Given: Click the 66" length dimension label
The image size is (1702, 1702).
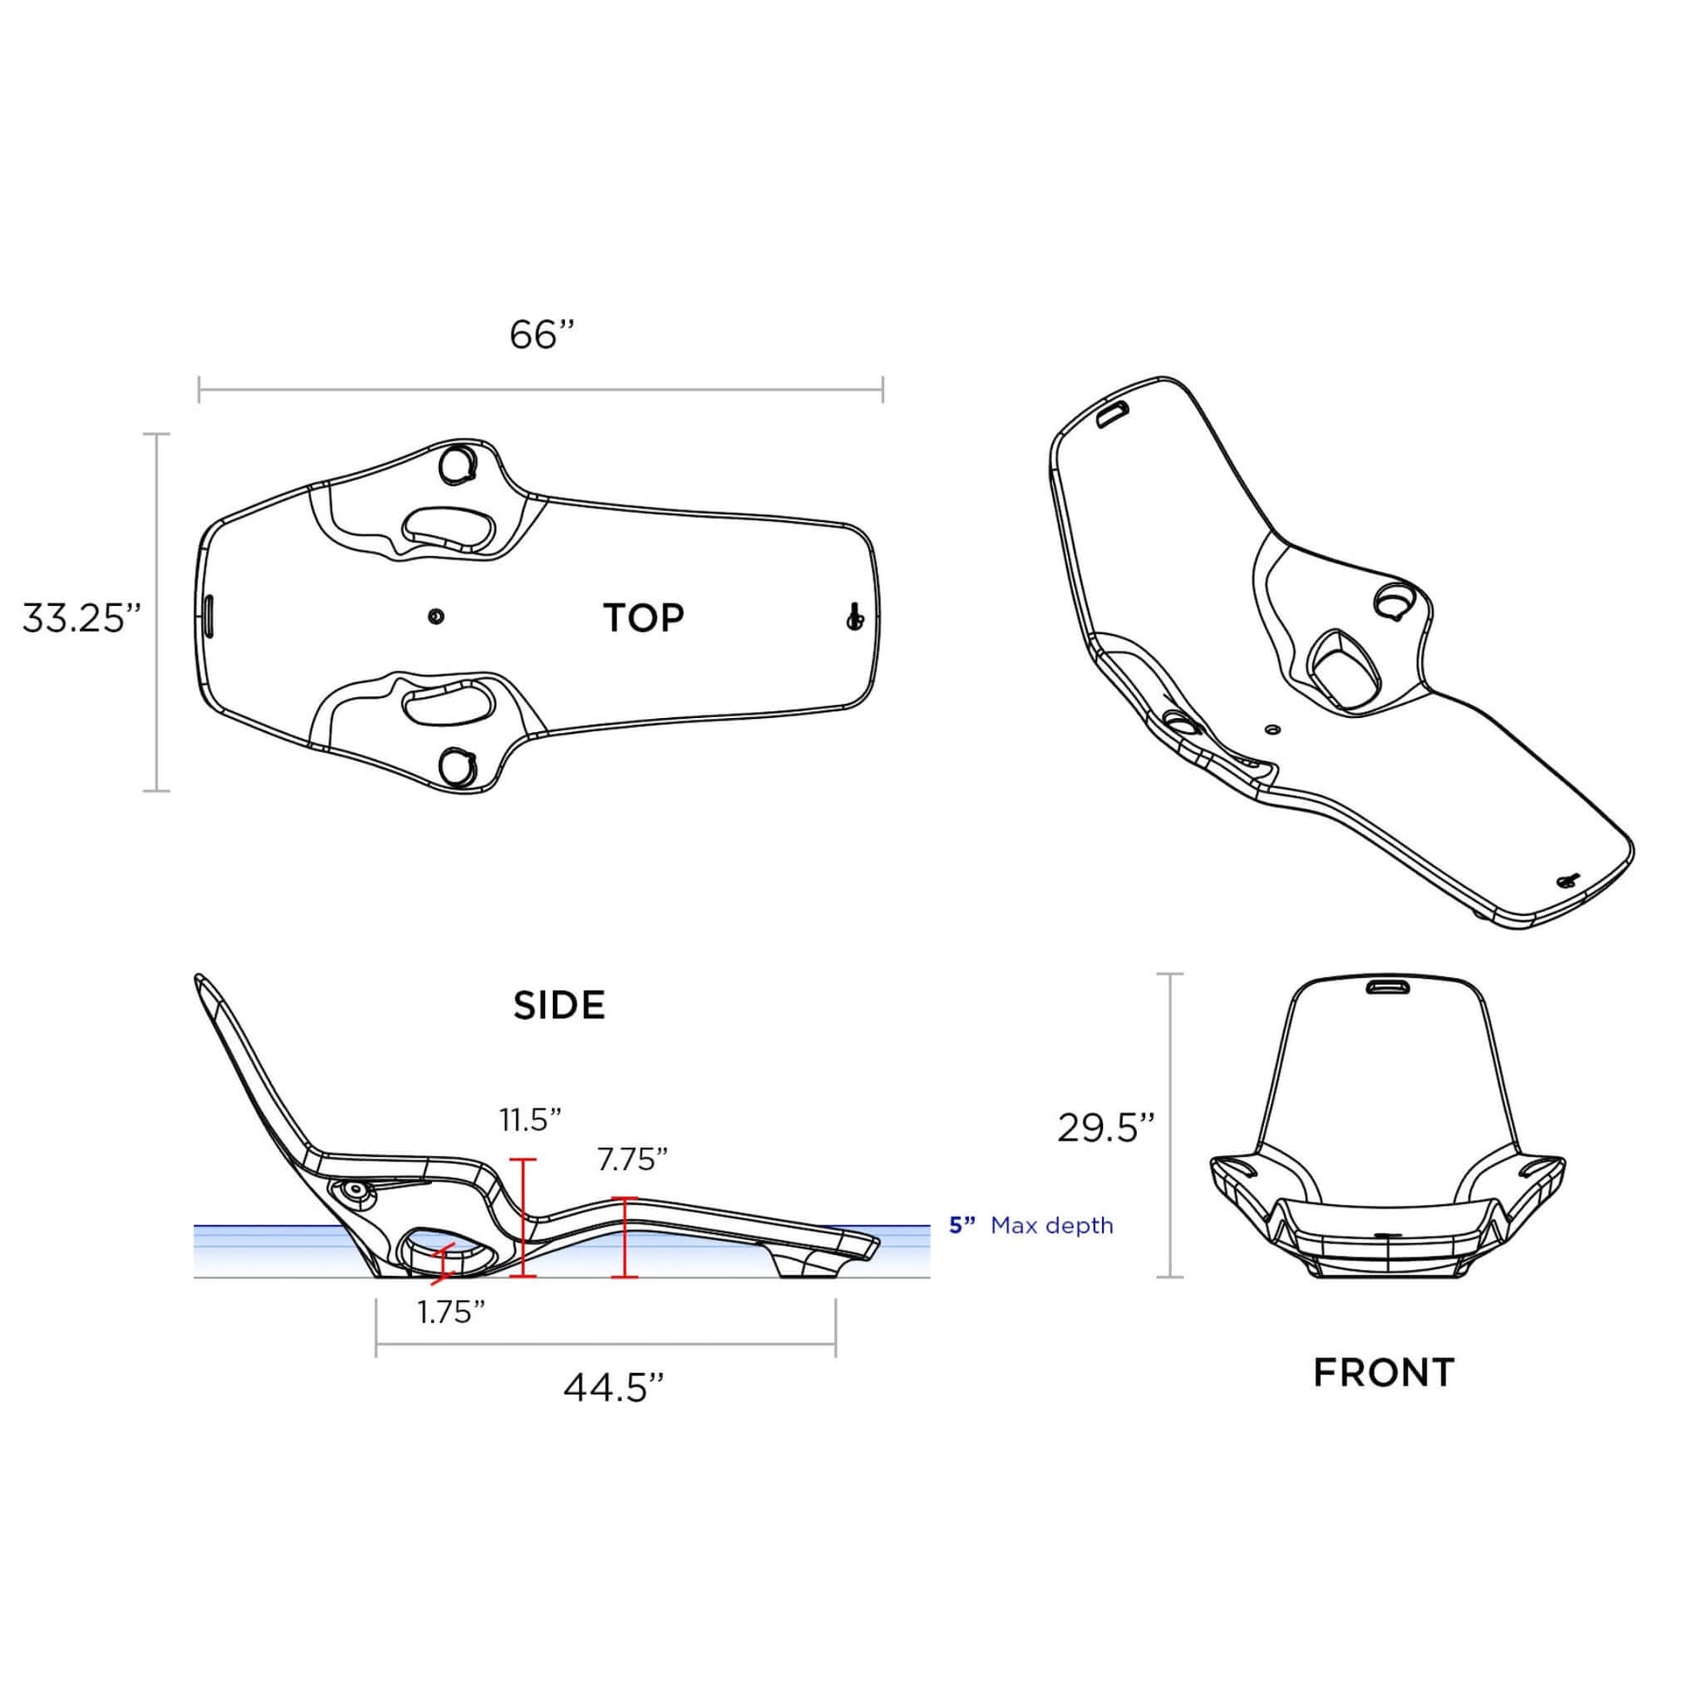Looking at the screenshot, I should click(x=541, y=336).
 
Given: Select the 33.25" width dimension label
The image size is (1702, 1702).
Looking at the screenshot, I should click(x=81, y=618).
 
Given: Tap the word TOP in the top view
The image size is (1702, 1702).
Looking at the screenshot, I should click(x=643, y=618).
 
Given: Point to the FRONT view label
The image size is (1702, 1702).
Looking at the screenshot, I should click(x=1384, y=1373).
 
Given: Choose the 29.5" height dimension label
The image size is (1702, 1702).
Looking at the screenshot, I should click(x=1106, y=1127).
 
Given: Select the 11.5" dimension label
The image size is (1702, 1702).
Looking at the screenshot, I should click(x=530, y=1120).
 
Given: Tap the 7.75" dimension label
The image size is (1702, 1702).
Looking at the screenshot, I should click(x=631, y=1161).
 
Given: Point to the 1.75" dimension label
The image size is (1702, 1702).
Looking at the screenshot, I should click(x=451, y=1313).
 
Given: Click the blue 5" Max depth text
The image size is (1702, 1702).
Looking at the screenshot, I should click(x=1030, y=1225).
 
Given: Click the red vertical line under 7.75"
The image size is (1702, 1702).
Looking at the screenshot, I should click(x=624, y=1237).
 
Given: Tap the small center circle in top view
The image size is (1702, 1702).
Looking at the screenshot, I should click(x=436, y=616).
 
